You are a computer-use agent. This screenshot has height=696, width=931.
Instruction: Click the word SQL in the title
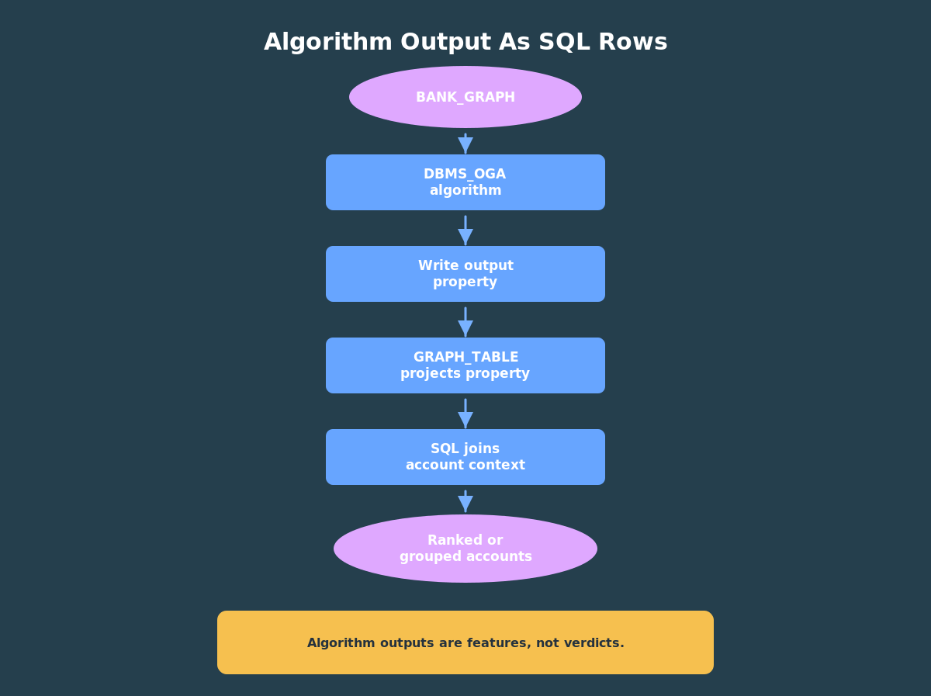click(x=564, y=43)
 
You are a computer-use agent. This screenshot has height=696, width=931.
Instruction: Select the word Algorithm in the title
click(x=328, y=43)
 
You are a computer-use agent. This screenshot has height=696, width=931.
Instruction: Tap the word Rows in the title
click(x=633, y=42)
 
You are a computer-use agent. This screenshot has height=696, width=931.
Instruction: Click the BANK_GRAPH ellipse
click(x=465, y=97)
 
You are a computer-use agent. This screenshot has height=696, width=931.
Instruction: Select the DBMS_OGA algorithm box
click(x=465, y=182)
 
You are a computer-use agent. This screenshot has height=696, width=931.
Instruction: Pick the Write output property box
click(x=465, y=274)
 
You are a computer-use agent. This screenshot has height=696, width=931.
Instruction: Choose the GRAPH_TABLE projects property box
click(x=465, y=365)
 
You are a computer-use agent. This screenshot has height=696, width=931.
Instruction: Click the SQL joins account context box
click(x=465, y=457)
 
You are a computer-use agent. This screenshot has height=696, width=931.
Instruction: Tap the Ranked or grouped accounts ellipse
click(x=465, y=549)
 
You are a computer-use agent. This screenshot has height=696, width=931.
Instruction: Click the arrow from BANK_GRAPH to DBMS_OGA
click(x=465, y=144)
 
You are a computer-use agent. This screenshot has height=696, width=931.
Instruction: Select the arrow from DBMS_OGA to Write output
click(x=465, y=230)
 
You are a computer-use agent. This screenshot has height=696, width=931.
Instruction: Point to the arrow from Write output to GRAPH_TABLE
click(x=465, y=322)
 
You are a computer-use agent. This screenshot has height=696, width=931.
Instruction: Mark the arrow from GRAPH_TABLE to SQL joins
click(x=465, y=414)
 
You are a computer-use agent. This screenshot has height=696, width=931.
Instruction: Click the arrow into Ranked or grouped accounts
click(x=465, y=502)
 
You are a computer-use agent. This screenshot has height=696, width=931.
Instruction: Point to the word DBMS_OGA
click(x=465, y=175)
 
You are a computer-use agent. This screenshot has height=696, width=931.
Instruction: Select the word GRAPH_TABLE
click(x=465, y=358)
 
